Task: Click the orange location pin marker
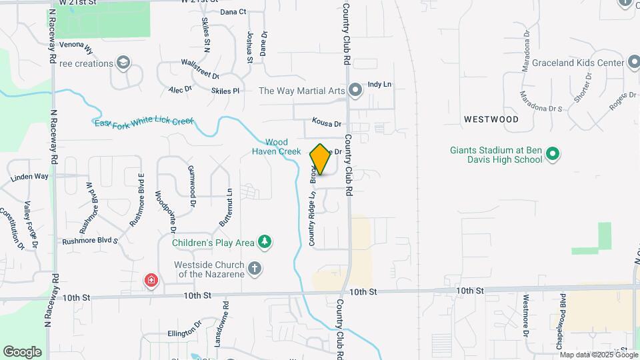pyautogui.click(x=320, y=159)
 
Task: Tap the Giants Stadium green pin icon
pyautogui.click(x=552, y=155)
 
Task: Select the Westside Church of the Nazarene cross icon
pyautogui.click(x=254, y=269)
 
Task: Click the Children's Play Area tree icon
pyautogui.click(x=265, y=241)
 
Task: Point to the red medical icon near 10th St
pyautogui.click(x=152, y=280)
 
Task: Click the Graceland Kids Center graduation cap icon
pyautogui.click(x=634, y=63)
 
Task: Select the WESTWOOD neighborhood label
pyautogui.click(x=491, y=119)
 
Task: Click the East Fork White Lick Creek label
pyautogui.click(x=143, y=122)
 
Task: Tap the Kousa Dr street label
pyautogui.click(x=327, y=123)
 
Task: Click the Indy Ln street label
pyautogui.click(x=379, y=85)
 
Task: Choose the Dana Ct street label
pyautogui.click(x=233, y=12)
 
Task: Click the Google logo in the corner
pyautogui.click(x=22, y=352)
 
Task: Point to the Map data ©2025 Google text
pyautogui.click(x=598, y=354)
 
